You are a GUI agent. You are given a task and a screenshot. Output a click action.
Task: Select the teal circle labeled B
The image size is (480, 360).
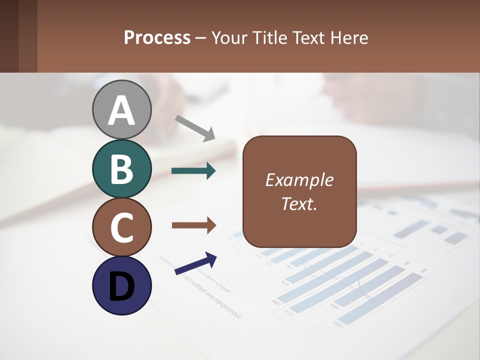pyautogui.click(x=121, y=168)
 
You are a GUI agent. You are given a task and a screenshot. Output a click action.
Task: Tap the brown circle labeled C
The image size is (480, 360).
pyautogui.click(x=121, y=227)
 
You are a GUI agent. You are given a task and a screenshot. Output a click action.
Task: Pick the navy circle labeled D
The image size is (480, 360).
pyautogui.click(x=121, y=285)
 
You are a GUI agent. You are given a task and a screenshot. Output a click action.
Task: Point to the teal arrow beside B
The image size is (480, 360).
pyautogui.click(x=193, y=171)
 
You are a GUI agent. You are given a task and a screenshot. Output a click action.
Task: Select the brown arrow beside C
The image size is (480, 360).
pyautogui.click(x=193, y=225)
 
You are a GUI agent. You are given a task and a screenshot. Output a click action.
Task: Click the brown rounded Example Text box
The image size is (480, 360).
pyautogui.click(x=299, y=191)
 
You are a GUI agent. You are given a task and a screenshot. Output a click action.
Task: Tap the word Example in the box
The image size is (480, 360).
pyautogui.click(x=299, y=180)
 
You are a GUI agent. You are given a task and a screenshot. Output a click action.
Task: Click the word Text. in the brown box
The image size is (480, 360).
pyautogui.click(x=299, y=203)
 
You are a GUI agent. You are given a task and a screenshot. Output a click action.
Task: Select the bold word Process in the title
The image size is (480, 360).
pyautogui.click(x=157, y=37)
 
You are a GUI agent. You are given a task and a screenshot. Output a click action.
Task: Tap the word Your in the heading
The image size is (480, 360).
pyautogui.click(x=229, y=37)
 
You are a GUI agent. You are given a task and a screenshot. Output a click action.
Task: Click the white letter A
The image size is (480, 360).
pyautogui.click(x=121, y=110)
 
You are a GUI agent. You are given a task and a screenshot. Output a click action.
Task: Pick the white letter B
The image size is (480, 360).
pyautogui.click(x=121, y=169)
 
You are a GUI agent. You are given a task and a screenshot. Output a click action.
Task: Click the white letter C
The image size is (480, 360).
pyautogui.click(x=121, y=227)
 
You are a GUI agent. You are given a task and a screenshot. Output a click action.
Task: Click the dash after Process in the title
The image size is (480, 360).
pyautogui.click(x=201, y=38)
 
